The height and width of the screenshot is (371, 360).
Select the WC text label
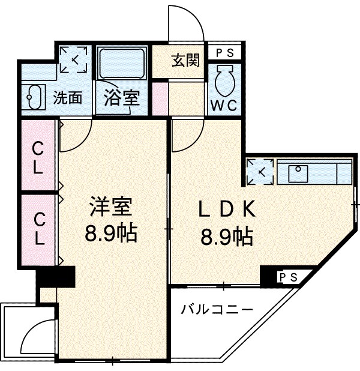[224, 104]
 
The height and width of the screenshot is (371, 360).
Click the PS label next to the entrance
[224, 52]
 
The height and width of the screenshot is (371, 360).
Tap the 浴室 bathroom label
[122, 98]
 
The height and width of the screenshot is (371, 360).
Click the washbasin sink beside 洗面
[33, 96]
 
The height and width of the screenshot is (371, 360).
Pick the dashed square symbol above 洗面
[75, 59]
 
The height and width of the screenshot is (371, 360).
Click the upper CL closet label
[38, 157]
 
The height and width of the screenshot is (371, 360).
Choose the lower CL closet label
[38, 228]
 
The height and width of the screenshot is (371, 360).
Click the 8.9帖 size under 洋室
[111, 233]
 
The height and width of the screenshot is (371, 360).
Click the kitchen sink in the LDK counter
[298, 173]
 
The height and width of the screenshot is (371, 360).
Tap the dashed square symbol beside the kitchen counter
[261, 172]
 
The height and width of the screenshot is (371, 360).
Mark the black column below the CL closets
[55, 279]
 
